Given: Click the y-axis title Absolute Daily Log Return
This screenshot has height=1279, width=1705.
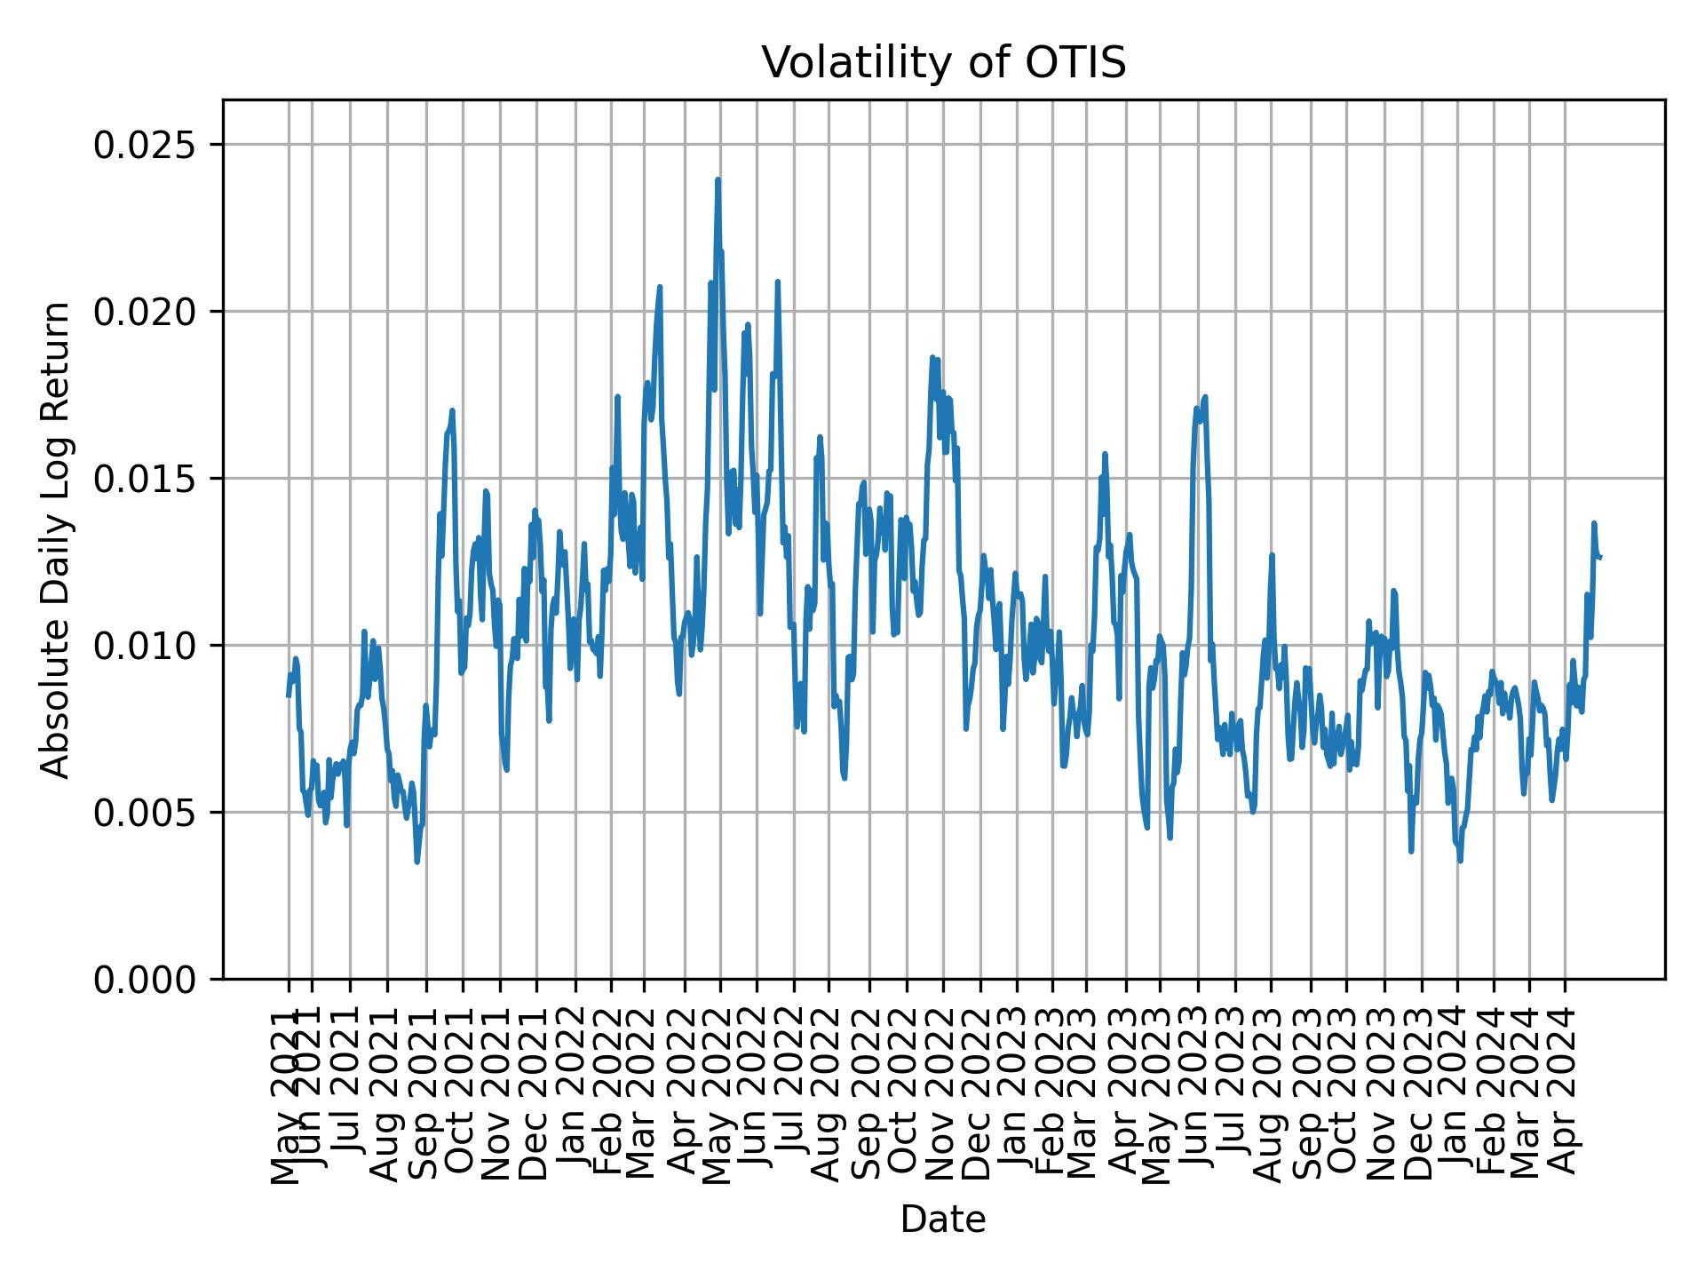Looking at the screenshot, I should point(57,539).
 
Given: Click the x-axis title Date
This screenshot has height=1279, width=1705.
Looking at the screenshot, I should point(943,1220).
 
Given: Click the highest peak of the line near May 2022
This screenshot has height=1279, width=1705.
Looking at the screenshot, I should point(718,180).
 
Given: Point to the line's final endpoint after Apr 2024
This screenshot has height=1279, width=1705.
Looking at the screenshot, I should point(1599,557).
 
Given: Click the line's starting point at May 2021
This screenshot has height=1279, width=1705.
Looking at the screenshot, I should point(288,695).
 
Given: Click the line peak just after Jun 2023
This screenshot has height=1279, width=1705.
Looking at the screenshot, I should point(1205,397).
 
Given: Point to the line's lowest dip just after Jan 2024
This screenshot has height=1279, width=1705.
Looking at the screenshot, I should point(1460,860).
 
